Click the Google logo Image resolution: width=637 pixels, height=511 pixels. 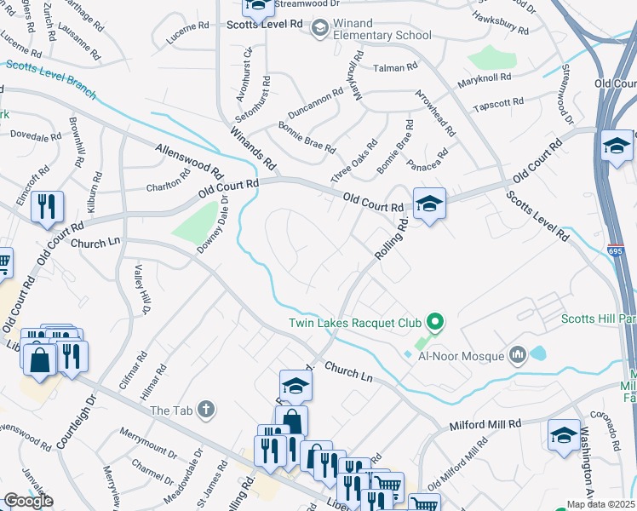(x=28, y=501)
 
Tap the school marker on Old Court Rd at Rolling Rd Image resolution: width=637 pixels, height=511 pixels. (x=430, y=204)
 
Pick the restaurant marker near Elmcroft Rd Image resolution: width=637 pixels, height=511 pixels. (x=47, y=207)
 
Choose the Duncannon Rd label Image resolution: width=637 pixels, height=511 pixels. (x=315, y=105)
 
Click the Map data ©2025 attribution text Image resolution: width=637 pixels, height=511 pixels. (x=601, y=504)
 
